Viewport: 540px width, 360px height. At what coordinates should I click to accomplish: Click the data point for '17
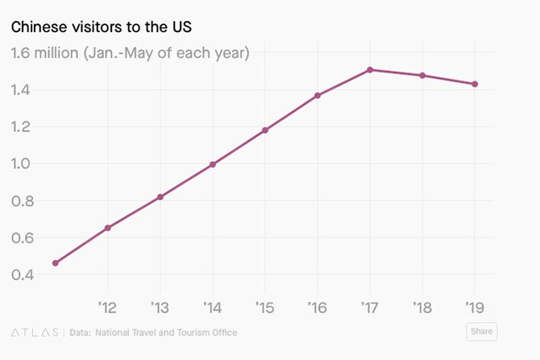[370, 70]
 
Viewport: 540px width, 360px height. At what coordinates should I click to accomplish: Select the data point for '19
[475, 84]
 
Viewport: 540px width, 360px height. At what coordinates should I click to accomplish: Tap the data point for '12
[108, 228]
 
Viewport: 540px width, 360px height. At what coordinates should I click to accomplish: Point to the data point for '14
[213, 164]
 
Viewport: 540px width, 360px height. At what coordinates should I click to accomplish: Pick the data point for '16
[318, 95]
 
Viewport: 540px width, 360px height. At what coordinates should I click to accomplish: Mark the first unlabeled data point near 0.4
[55, 263]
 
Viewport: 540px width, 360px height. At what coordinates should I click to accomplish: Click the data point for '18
[422, 76]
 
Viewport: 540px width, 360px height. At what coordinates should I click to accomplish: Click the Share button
[481, 331]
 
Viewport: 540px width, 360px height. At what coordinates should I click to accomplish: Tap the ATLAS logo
[35, 332]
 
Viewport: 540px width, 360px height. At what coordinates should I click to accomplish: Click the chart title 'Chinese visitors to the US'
[101, 27]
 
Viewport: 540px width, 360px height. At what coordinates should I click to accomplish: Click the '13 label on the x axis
[160, 307]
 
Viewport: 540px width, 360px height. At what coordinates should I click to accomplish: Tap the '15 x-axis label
[264, 307]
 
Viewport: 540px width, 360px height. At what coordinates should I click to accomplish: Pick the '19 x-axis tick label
[474, 307]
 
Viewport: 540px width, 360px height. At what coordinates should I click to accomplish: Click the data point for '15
[265, 130]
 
